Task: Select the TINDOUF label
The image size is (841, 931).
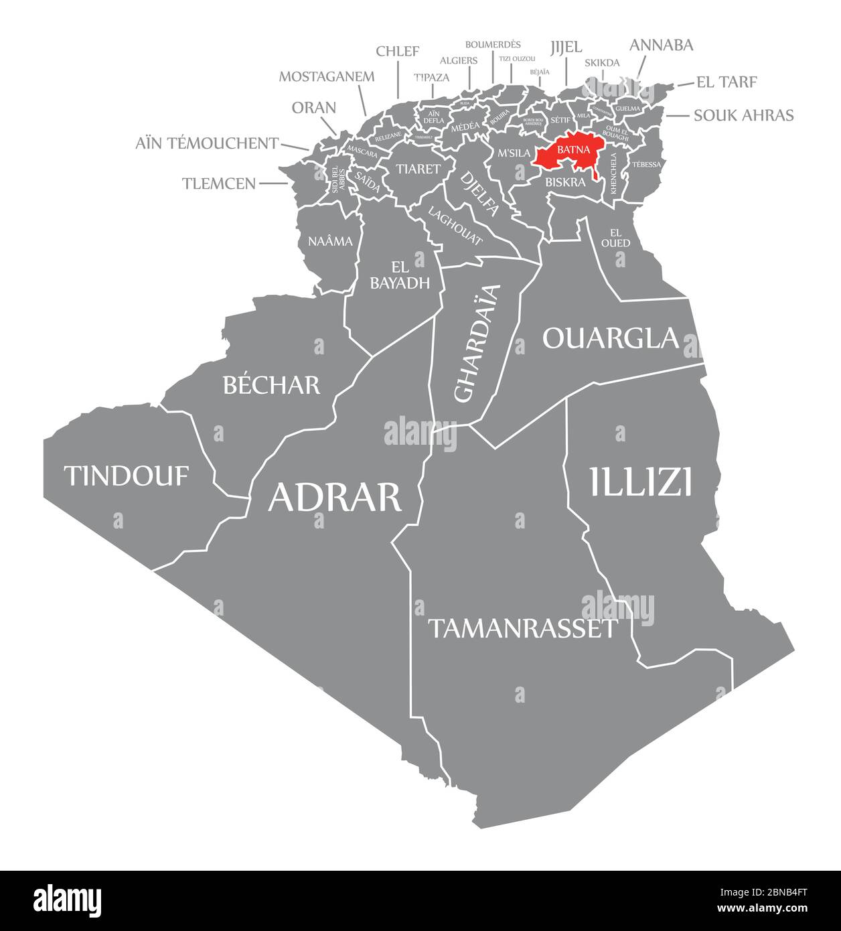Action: (x=127, y=476)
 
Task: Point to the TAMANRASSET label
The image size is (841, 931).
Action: (x=522, y=628)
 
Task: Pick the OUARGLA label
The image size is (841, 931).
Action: (x=611, y=338)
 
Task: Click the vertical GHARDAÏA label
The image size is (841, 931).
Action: (x=477, y=344)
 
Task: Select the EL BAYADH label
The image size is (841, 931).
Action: (x=400, y=274)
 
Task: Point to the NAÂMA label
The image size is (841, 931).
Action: (x=330, y=241)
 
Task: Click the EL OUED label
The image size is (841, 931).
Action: (x=615, y=238)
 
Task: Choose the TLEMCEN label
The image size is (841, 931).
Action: (x=219, y=183)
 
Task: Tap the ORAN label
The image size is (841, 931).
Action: (x=314, y=108)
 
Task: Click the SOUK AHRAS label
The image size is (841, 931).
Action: (x=743, y=115)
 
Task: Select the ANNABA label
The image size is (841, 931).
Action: (x=662, y=45)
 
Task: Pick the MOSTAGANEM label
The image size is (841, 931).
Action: (x=327, y=76)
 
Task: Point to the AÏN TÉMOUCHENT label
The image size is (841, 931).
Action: (x=207, y=143)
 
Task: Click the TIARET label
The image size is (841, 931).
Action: (x=417, y=168)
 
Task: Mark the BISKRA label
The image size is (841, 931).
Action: (x=565, y=182)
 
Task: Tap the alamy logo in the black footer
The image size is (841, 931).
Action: (x=68, y=900)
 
